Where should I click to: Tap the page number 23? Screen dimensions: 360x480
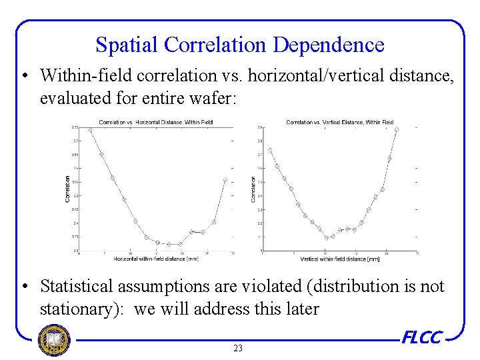(238, 348)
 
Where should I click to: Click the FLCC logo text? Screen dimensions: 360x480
(421, 338)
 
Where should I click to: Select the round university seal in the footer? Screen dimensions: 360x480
(54, 340)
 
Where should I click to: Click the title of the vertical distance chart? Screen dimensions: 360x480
(340, 122)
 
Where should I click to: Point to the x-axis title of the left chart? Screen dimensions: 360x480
(156, 258)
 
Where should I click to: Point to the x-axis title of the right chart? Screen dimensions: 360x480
(340, 259)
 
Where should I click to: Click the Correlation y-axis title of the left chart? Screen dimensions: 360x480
(67, 189)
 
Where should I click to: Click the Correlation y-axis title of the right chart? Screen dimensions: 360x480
(253, 189)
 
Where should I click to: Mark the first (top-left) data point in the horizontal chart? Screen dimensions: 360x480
(90, 131)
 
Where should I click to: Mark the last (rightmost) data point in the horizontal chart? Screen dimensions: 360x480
(225, 180)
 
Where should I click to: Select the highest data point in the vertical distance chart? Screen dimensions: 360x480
(397, 129)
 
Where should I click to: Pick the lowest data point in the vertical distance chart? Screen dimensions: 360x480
(326, 237)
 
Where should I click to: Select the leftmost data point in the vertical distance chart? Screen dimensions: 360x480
(270, 150)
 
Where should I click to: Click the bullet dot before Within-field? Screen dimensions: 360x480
(24, 76)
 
